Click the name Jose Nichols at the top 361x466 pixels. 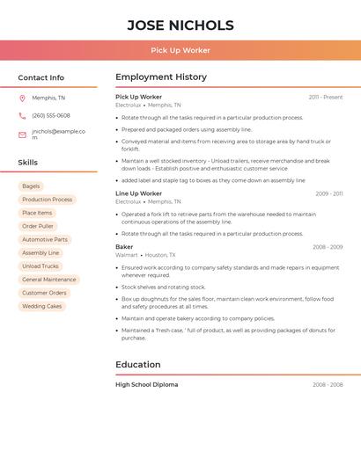pos(180,25)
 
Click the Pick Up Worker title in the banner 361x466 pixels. pos(180,50)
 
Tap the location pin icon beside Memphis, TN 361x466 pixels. pos(22,98)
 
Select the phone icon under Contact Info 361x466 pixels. pos(22,115)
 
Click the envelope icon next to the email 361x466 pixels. pos(22,135)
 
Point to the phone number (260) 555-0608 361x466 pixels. pos(51,115)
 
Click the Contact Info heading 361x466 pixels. pos(41,77)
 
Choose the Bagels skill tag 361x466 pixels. pos(31,186)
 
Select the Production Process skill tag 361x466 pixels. pos(48,200)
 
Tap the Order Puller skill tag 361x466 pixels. pos(38,226)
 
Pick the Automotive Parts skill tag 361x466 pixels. pos(45,239)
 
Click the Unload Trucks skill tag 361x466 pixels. pos(41,266)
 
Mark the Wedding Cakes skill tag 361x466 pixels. pos(42,306)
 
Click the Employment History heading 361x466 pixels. pos(161,77)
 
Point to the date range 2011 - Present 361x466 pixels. pos(326,97)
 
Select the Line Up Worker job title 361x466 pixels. pos(139,193)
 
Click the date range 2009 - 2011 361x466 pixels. pos(328,193)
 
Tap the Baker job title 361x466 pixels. pos(124,247)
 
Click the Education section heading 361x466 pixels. pos(138,364)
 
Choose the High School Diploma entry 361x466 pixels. pos(147,384)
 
